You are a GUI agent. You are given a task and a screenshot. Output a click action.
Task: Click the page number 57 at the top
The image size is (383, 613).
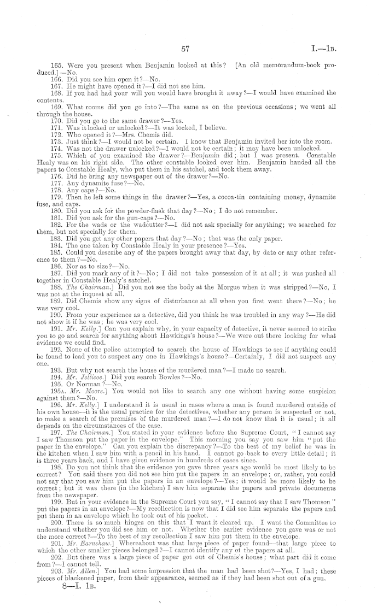coord(185,49)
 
